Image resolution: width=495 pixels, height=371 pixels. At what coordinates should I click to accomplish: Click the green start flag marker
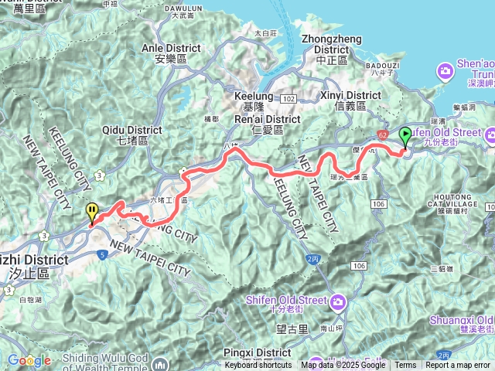[406, 136]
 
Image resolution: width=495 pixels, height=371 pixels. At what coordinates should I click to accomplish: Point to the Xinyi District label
[350, 100]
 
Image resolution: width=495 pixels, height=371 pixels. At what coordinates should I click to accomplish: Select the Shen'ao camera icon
[445, 71]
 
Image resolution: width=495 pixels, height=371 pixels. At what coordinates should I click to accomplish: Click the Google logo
[29, 359]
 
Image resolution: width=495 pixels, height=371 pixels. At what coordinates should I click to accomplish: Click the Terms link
[405, 366]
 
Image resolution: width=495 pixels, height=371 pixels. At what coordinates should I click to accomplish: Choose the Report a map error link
[459, 366]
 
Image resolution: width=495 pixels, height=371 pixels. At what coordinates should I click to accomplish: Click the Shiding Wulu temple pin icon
[159, 362]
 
